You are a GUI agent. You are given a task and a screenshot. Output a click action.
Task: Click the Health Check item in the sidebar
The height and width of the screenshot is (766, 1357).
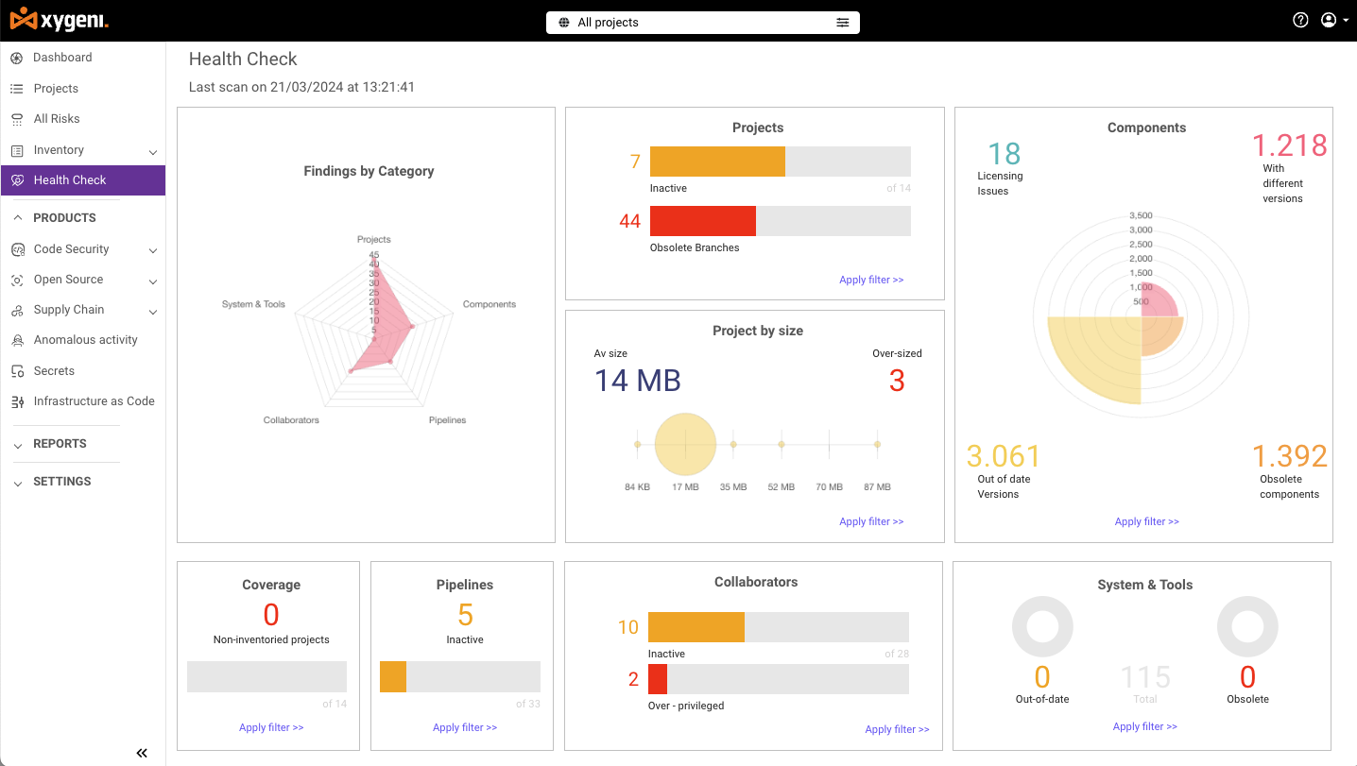(x=70, y=180)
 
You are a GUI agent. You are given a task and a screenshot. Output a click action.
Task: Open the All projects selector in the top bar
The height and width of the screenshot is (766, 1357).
(x=702, y=23)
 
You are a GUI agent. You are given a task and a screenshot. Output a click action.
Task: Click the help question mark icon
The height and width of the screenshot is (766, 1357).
(x=1300, y=20)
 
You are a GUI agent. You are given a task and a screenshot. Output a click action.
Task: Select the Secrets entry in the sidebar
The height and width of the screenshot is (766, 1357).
(x=54, y=371)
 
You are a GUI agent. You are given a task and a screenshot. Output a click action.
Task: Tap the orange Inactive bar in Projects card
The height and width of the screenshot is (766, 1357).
(x=717, y=162)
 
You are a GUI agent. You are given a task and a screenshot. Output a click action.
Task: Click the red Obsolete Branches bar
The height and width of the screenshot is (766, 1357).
(x=702, y=221)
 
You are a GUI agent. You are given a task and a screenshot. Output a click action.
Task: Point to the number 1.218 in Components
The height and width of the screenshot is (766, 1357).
(x=1289, y=145)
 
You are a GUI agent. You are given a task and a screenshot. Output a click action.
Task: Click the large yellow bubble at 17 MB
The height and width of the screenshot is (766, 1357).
(x=685, y=444)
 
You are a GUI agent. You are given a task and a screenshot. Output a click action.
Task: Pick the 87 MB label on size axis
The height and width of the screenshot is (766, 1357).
(x=877, y=487)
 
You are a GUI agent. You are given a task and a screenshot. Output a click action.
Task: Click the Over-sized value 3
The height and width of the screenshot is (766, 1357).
(x=897, y=381)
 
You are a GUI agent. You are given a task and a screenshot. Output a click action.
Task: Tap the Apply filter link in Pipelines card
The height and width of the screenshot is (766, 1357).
(x=465, y=727)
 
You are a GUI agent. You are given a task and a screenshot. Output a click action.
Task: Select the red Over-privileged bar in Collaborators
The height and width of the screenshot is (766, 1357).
(x=658, y=679)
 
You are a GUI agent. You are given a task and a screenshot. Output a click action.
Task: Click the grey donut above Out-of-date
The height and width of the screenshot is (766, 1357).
(x=1042, y=626)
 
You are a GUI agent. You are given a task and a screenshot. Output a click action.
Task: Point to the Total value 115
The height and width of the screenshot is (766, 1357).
(x=1145, y=677)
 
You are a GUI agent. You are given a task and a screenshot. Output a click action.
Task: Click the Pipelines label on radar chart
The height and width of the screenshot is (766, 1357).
(x=447, y=420)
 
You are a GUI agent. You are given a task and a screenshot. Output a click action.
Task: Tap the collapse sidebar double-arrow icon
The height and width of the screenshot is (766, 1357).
(x=142, y=753)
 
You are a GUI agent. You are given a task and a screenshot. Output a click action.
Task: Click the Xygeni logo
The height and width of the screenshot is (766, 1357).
(x=59, y=20)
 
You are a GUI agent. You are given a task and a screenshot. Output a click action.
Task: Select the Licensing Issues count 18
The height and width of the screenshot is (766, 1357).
(x=1004, y=154)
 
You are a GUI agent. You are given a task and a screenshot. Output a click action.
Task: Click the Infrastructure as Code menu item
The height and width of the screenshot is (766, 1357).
(x=94, y=401)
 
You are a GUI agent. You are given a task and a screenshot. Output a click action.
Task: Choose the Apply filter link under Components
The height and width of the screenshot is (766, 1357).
(x=1146, y=521)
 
